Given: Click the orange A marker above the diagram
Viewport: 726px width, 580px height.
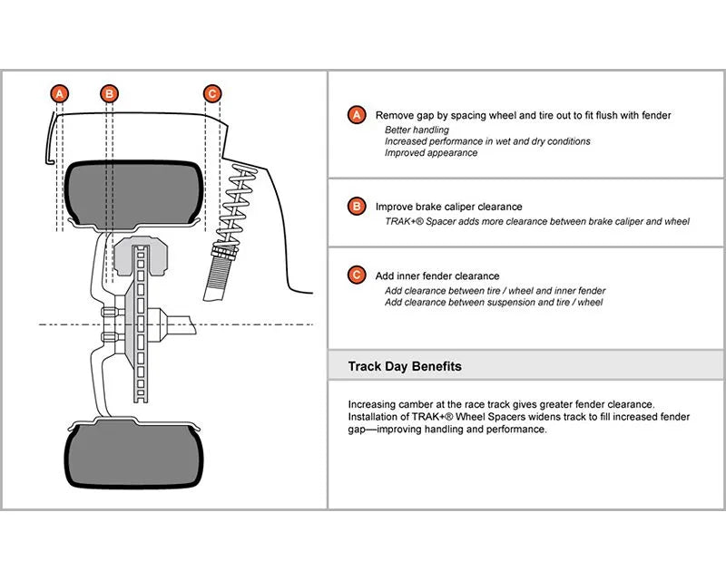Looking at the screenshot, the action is pos(60,94).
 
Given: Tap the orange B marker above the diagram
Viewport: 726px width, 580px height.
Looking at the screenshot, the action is pos(109,94).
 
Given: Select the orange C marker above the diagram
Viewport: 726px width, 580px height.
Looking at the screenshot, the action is pos(212,94).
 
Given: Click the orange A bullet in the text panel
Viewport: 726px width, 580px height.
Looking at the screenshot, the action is pos(357,115).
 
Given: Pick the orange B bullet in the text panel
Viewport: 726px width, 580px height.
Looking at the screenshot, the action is pos(357,207).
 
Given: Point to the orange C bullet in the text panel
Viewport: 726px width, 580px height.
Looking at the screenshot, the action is pos(357,275).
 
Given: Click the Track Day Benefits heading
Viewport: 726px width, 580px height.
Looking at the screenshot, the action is pos(405,366).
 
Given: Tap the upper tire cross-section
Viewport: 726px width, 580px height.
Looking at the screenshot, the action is pos(134,194).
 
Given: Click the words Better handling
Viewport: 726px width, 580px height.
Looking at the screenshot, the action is pos(417,130).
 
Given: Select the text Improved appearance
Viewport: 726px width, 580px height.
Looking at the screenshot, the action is pos(430,152).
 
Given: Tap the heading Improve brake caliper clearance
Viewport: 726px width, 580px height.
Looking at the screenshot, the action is pos(448,207).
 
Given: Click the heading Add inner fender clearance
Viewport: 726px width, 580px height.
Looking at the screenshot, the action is pos(437,276).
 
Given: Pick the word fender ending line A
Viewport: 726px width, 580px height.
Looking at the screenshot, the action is pos(656,115).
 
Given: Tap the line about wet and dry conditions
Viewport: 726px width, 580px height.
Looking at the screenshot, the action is pos(487,141).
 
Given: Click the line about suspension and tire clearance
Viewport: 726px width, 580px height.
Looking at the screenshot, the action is pos(494,303).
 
